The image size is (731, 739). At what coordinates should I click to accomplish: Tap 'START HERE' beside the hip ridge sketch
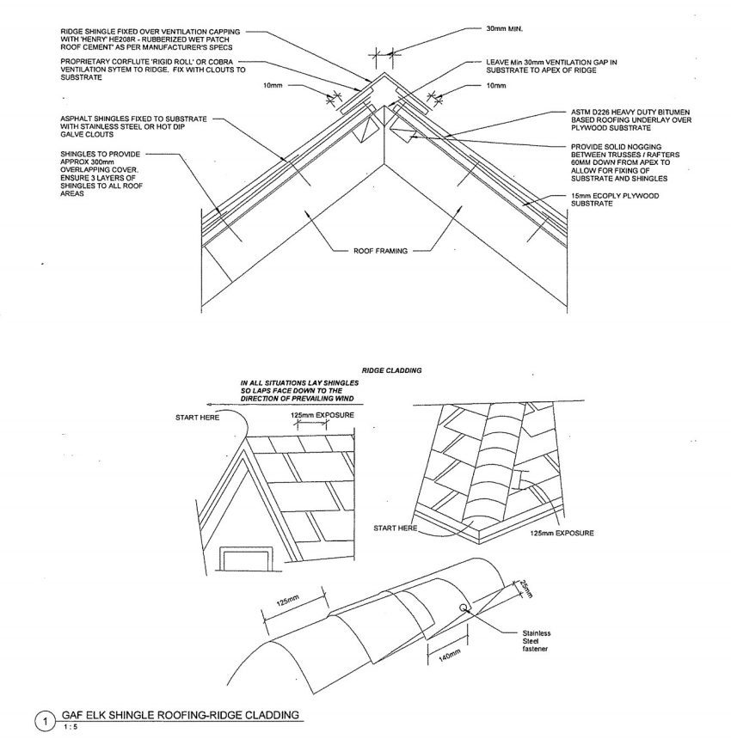(396, 527)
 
